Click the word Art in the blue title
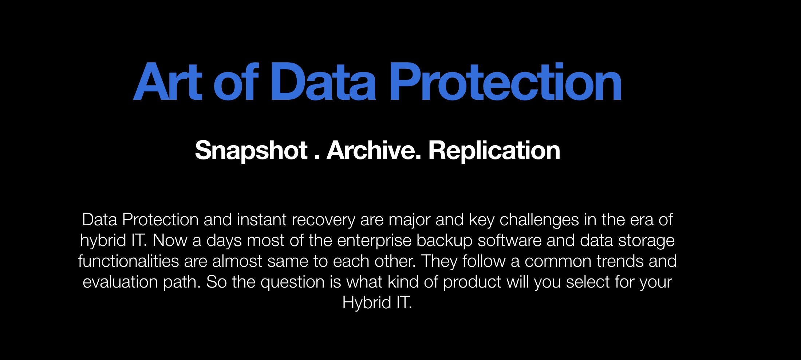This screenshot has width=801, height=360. click(167, 82)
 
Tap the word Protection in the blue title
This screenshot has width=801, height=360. click(506, 82)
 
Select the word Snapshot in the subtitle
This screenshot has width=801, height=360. click(251, 150)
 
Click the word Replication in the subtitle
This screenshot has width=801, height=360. click(494, 150)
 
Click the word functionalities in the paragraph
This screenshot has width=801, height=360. click(129, 261)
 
